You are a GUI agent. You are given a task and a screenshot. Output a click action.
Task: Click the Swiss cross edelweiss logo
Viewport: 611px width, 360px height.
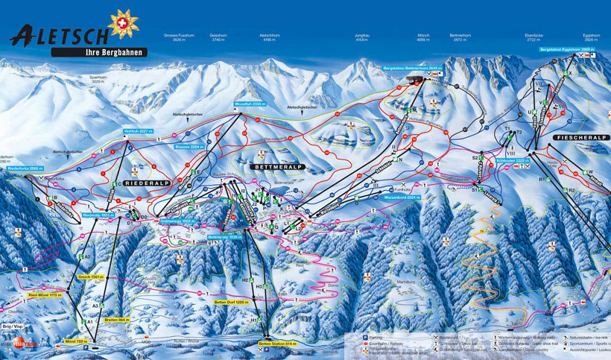tap(123, 23)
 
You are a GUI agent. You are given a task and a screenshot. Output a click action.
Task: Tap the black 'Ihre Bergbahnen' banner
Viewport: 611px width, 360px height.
tap(99, 52)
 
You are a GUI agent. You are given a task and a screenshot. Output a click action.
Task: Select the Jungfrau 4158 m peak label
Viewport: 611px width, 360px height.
tap(362, 39)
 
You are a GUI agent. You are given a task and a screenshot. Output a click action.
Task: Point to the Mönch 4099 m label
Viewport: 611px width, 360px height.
tap(423, 39)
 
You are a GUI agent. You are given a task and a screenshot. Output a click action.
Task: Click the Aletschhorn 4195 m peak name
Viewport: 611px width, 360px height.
tap(269, 39)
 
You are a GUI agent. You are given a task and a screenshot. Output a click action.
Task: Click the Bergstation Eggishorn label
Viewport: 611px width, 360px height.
tap(567, 49)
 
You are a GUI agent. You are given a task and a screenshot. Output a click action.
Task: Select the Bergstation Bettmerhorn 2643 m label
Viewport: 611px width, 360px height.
tap(412, 68)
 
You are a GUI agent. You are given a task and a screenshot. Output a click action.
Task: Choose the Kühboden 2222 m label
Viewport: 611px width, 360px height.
tap(511, 160)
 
